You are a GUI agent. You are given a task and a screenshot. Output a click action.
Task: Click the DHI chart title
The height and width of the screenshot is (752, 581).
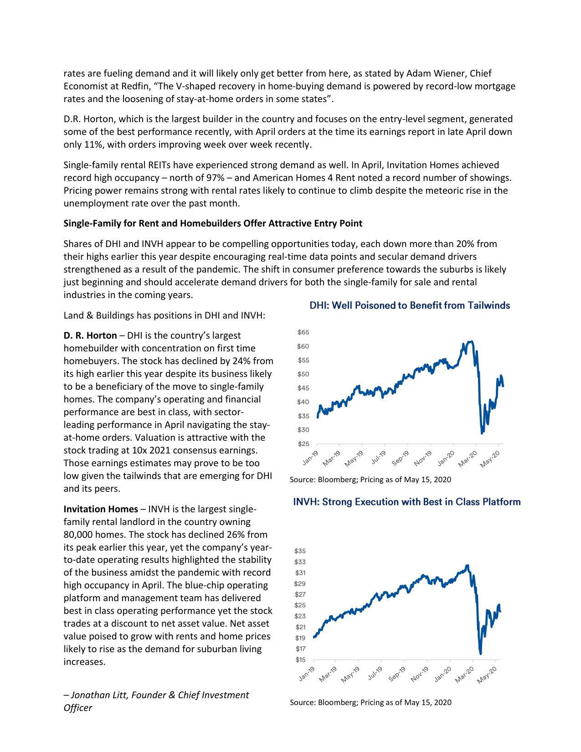[x=409, y=305]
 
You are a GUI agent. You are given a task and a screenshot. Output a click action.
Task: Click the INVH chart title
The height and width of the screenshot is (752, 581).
[x=406, y=502]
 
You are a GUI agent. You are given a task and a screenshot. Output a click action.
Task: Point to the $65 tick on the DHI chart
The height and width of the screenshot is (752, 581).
[x=303, y=332]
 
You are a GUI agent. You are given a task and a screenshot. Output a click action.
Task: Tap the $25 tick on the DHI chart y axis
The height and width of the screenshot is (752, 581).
[x=303, y=443]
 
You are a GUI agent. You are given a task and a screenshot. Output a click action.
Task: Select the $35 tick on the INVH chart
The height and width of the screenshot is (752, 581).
[x=300, y=551]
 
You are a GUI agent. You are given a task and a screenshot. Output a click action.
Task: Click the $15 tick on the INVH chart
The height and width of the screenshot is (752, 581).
[x=300, y=659]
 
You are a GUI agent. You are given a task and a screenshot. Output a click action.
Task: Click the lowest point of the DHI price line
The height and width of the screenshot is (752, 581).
[x=482, y=433]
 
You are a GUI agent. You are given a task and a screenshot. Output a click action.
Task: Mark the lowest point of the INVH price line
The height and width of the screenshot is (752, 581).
[x=480, y=654]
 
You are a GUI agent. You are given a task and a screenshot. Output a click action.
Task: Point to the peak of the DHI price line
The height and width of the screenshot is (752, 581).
[x=471, y=341]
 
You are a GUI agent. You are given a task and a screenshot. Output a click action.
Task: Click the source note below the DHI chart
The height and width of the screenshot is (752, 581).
[x=370, y=479]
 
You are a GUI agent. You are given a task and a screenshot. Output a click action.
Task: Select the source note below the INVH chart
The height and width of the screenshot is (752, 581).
[x=370, y=702]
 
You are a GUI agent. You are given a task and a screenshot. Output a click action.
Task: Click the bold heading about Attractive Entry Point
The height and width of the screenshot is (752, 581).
[x=213, y=223]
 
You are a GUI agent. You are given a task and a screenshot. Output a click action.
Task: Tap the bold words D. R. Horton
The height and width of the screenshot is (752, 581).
[x=90, y=335]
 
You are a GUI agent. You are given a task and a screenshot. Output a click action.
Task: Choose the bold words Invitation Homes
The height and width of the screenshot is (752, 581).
[x=101, y=509]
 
